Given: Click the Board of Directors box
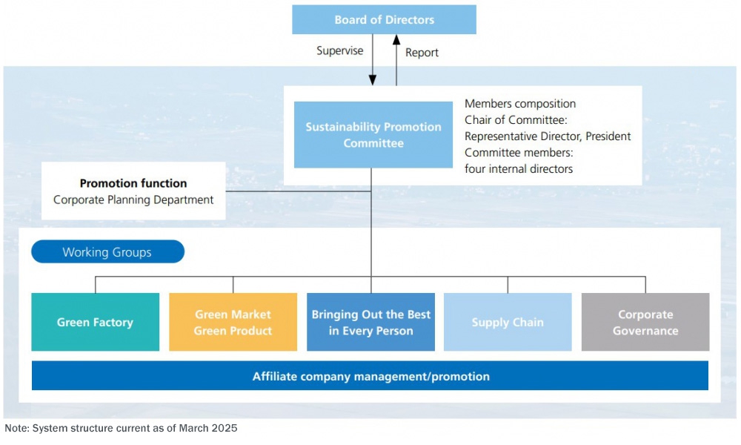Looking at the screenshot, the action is click(x=384, y=19).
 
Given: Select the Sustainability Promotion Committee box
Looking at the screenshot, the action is click(x=373, y=135).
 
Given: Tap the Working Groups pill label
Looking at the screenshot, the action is click(x=107, y=251).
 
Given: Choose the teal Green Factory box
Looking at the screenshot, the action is click(x=96, y=322).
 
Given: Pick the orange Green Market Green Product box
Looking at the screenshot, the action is click(x=233, y=322).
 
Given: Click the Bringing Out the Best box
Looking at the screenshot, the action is click(x=371, y=322).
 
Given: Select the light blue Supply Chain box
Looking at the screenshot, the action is click(x=508, y=322).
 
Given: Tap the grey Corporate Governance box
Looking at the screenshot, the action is click(x=645, y=322).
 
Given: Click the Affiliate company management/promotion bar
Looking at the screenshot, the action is click(x=370, y=376).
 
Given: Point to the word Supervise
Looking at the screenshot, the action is click(x=340, y=50).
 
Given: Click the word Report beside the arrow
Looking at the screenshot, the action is click(x=422, y=53).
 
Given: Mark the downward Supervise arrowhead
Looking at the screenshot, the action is click(x=373, y=80).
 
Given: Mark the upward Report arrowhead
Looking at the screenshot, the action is click(x=396, y=40).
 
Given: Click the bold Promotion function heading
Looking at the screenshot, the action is click(x=133, y=183).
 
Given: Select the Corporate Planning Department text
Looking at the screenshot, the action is click(x=133, y=200).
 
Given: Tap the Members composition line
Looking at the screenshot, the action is click(x=520, y=104).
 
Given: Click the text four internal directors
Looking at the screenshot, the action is click(x=519, y=169).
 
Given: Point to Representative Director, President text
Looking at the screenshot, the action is click(x=548, y=136).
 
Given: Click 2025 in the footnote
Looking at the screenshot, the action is click(x=225, y=428).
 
